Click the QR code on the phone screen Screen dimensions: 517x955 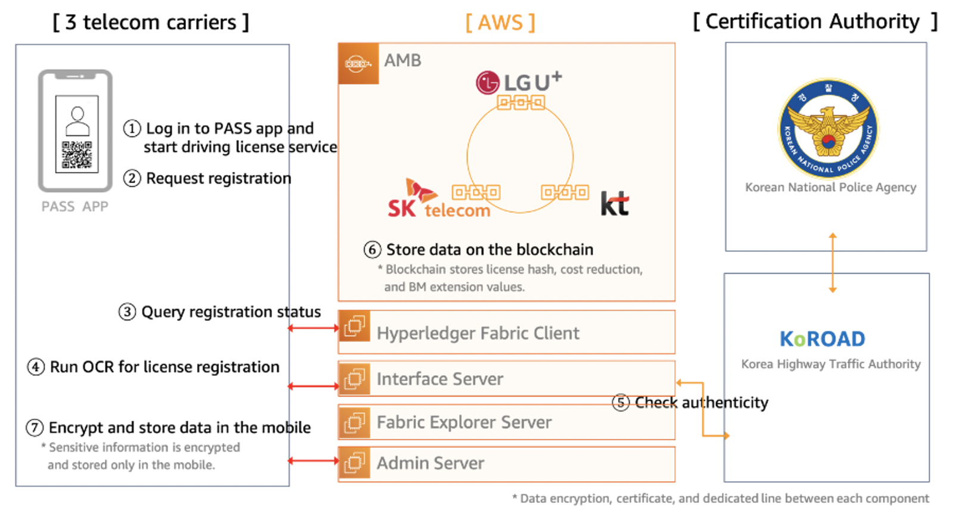77,155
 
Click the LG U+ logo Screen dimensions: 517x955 519,82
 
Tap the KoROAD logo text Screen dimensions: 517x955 822,339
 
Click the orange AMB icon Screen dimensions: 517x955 358,63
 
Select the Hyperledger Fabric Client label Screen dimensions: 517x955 477,333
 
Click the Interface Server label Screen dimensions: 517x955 440,379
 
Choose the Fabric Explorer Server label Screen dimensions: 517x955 464,422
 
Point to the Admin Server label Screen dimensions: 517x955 430,463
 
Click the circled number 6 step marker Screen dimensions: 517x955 373,250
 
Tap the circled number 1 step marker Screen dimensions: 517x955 132,129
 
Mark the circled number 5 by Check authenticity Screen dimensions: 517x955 621,403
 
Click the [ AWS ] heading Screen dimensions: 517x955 500,23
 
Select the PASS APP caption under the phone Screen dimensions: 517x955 75,207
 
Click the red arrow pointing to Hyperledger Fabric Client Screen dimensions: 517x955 314,328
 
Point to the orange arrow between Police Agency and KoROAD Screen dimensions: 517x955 833,263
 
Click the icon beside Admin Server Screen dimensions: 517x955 354,463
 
